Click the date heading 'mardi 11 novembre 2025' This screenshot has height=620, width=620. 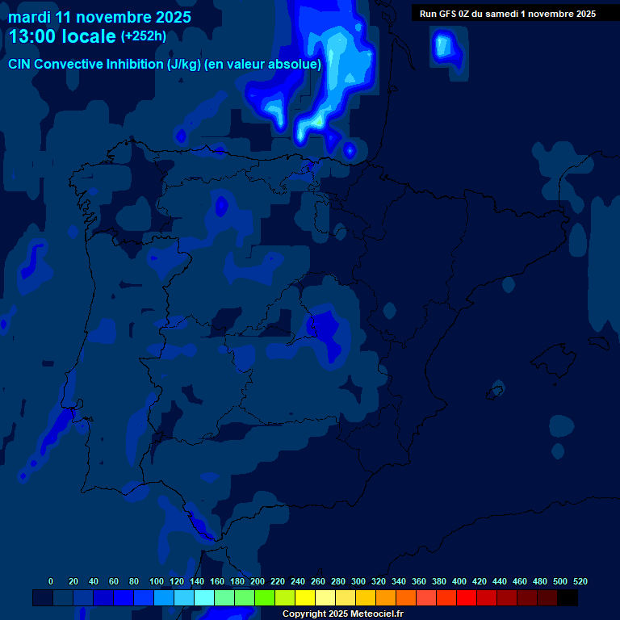[x=99, y=17]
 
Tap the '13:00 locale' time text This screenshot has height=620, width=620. [x=62, y=36]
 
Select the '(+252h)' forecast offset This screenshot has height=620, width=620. [x=144, y=36]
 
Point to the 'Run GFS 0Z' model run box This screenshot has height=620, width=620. [x=507, y=13]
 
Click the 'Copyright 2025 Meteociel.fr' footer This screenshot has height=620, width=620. [x=342, y=614]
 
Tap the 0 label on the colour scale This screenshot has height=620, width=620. [x=51, y=581]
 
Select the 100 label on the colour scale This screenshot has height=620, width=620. [x=157, y=581]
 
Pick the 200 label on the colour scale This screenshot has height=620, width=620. [x=258, y=581]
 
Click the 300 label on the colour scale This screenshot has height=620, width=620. [x=358, y=581]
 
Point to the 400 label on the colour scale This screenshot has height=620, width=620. [x=459, y=581]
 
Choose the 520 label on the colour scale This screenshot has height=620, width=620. [x=580, y=581]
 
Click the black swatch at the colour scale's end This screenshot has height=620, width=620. [x=568, y=598]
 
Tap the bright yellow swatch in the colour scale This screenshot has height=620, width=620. [x=305, y=598]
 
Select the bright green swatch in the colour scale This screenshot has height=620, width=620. [x=265, y=598]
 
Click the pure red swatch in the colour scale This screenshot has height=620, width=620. [x=467, y=598]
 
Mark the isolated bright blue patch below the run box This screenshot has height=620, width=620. [x=444, y=47]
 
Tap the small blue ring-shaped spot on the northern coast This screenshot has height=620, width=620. [x=350, y=149]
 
